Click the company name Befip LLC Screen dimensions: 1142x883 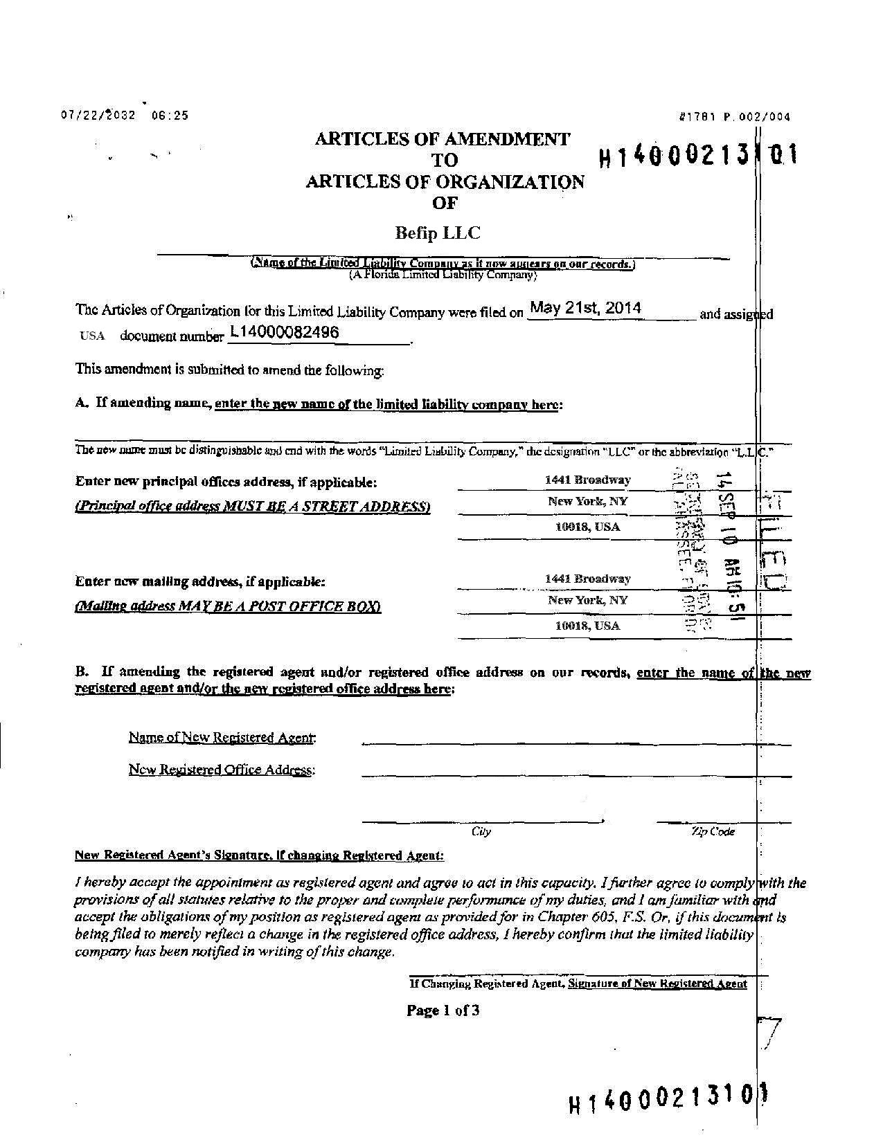437,233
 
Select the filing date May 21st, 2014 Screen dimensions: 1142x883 585,308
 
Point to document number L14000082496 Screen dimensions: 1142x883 285,332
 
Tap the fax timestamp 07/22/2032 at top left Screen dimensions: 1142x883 98,116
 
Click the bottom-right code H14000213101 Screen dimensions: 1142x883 669,1099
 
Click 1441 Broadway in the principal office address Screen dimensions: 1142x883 587,480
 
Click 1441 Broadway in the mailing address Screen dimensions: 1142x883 587,579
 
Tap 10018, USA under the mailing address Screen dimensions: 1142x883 587,626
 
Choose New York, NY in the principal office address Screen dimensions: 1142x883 587,501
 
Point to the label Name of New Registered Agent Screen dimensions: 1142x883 222,737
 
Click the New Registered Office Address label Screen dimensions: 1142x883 222,770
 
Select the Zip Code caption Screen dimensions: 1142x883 712,831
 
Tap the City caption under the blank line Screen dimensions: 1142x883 481,831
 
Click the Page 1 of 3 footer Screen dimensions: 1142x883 443,1010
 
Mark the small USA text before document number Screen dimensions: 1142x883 92,336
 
